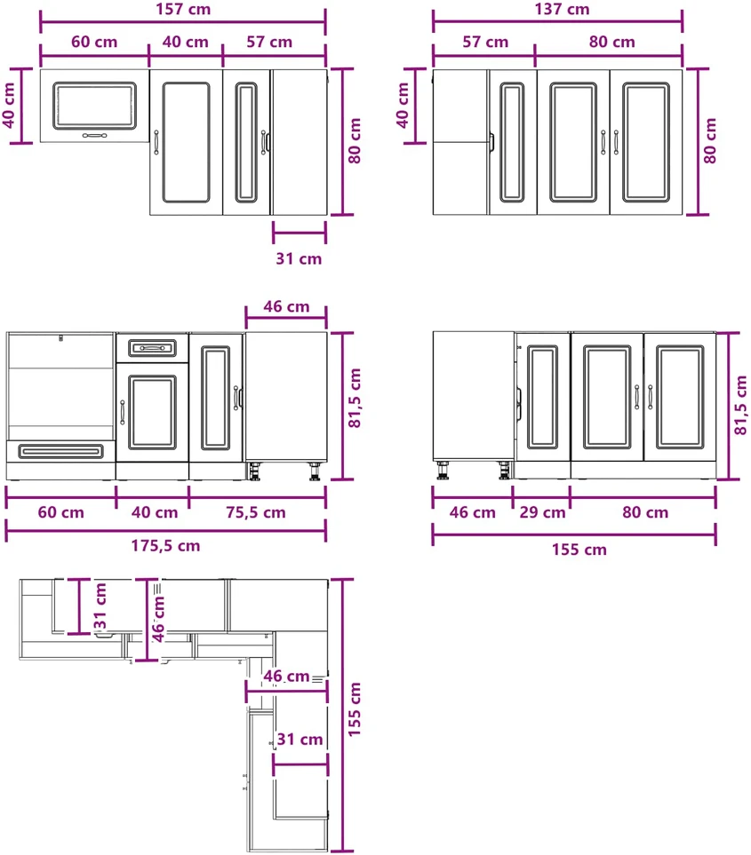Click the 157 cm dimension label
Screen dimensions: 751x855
[183, 9]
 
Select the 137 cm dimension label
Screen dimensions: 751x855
[562, 9]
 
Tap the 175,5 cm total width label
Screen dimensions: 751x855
[165, 546]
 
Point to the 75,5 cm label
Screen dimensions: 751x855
[255, 512]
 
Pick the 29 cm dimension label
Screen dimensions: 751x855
[542, 512]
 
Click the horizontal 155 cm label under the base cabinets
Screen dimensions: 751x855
[579, 549]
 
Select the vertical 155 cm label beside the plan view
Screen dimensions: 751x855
[355, 709]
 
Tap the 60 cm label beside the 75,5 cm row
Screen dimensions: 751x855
[60, 512]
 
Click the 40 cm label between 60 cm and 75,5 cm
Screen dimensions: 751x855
[155, 512]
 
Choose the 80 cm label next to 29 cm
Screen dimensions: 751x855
[645, 512]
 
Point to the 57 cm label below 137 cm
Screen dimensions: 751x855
[485, 42]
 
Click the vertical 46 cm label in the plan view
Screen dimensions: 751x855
[157, 619]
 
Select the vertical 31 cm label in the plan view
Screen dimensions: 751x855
[100, 606]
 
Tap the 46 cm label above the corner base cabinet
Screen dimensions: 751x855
[286, 306]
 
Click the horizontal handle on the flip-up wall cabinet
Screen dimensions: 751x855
[94, 135]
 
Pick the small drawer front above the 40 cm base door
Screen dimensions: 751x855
[152, 348]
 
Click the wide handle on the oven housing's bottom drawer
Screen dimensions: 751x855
[60, 452]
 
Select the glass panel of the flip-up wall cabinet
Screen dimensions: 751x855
[94, 106]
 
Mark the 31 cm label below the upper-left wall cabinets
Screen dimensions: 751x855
[299, 258]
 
